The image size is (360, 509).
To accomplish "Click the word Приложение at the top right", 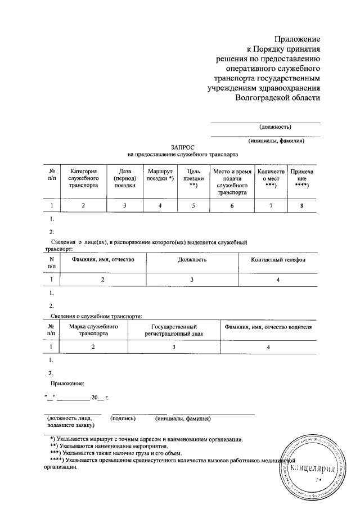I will point(297,39).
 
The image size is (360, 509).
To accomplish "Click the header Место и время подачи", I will point(231,181).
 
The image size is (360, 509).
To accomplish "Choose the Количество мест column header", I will point(271,177).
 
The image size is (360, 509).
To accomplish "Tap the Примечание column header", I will point(301,177).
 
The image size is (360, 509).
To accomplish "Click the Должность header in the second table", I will point(191,260).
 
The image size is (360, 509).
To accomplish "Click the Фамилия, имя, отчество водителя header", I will point(268,327).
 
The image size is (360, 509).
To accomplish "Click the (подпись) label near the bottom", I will point(123,418).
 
